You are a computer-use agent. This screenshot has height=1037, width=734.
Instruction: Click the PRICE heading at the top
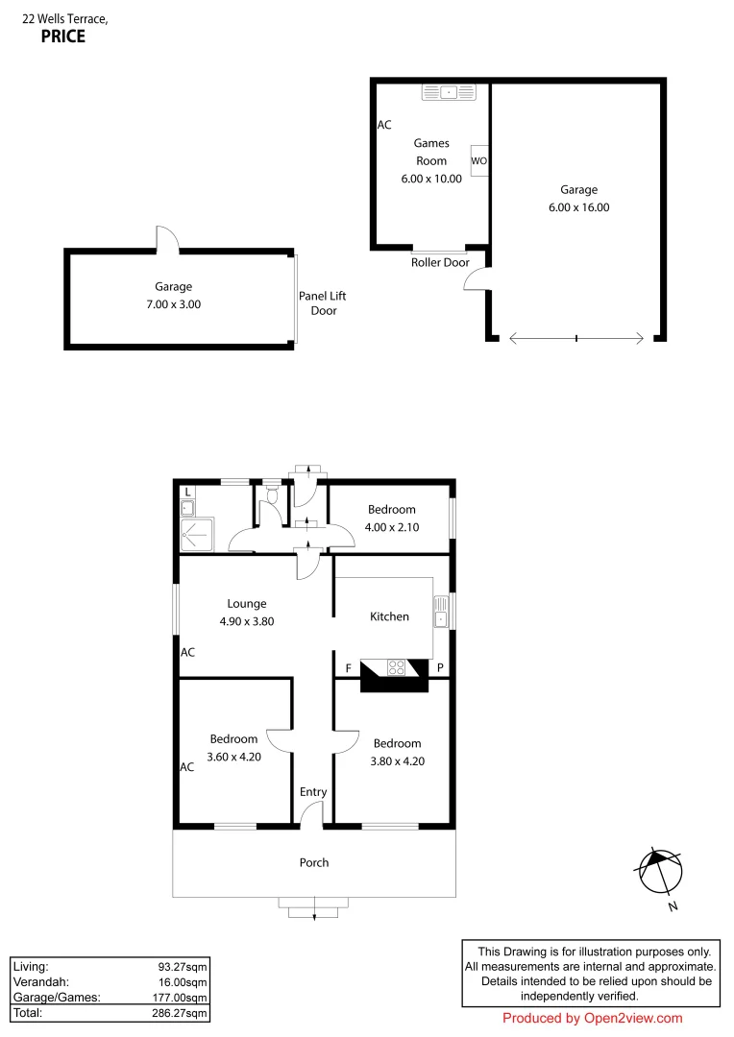tap(62, 37)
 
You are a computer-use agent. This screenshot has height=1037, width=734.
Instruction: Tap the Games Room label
tap(431, 152)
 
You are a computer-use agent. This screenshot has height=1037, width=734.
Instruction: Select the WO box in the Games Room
tap(479, 161)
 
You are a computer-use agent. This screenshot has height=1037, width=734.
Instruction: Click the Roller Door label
tap(440, 262)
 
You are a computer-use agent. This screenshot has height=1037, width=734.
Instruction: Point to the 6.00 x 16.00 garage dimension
tap(578, 207)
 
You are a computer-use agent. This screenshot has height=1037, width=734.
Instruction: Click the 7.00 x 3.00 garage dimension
tap(173, 304)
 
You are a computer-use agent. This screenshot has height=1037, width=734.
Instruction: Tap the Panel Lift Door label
tap(324, 303)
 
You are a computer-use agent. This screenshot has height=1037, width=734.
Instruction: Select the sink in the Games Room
tap(448, 92)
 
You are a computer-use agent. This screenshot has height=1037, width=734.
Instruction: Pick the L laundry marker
tap(187, 493)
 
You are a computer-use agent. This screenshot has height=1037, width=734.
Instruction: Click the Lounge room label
tap(247, 604)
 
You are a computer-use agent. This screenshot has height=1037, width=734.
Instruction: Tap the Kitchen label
tap(389, 616)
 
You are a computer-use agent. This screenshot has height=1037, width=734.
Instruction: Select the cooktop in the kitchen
tap(396, 667)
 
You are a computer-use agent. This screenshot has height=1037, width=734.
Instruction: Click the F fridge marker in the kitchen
tap(348, 667)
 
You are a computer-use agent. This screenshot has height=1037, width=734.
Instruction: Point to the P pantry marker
tap(440, 667)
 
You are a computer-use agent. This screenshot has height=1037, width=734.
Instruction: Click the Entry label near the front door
tap(313, 792)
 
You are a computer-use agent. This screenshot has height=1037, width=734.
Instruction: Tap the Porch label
tap(314, 862)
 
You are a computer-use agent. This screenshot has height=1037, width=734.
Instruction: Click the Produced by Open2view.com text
tap(592, 1019)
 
